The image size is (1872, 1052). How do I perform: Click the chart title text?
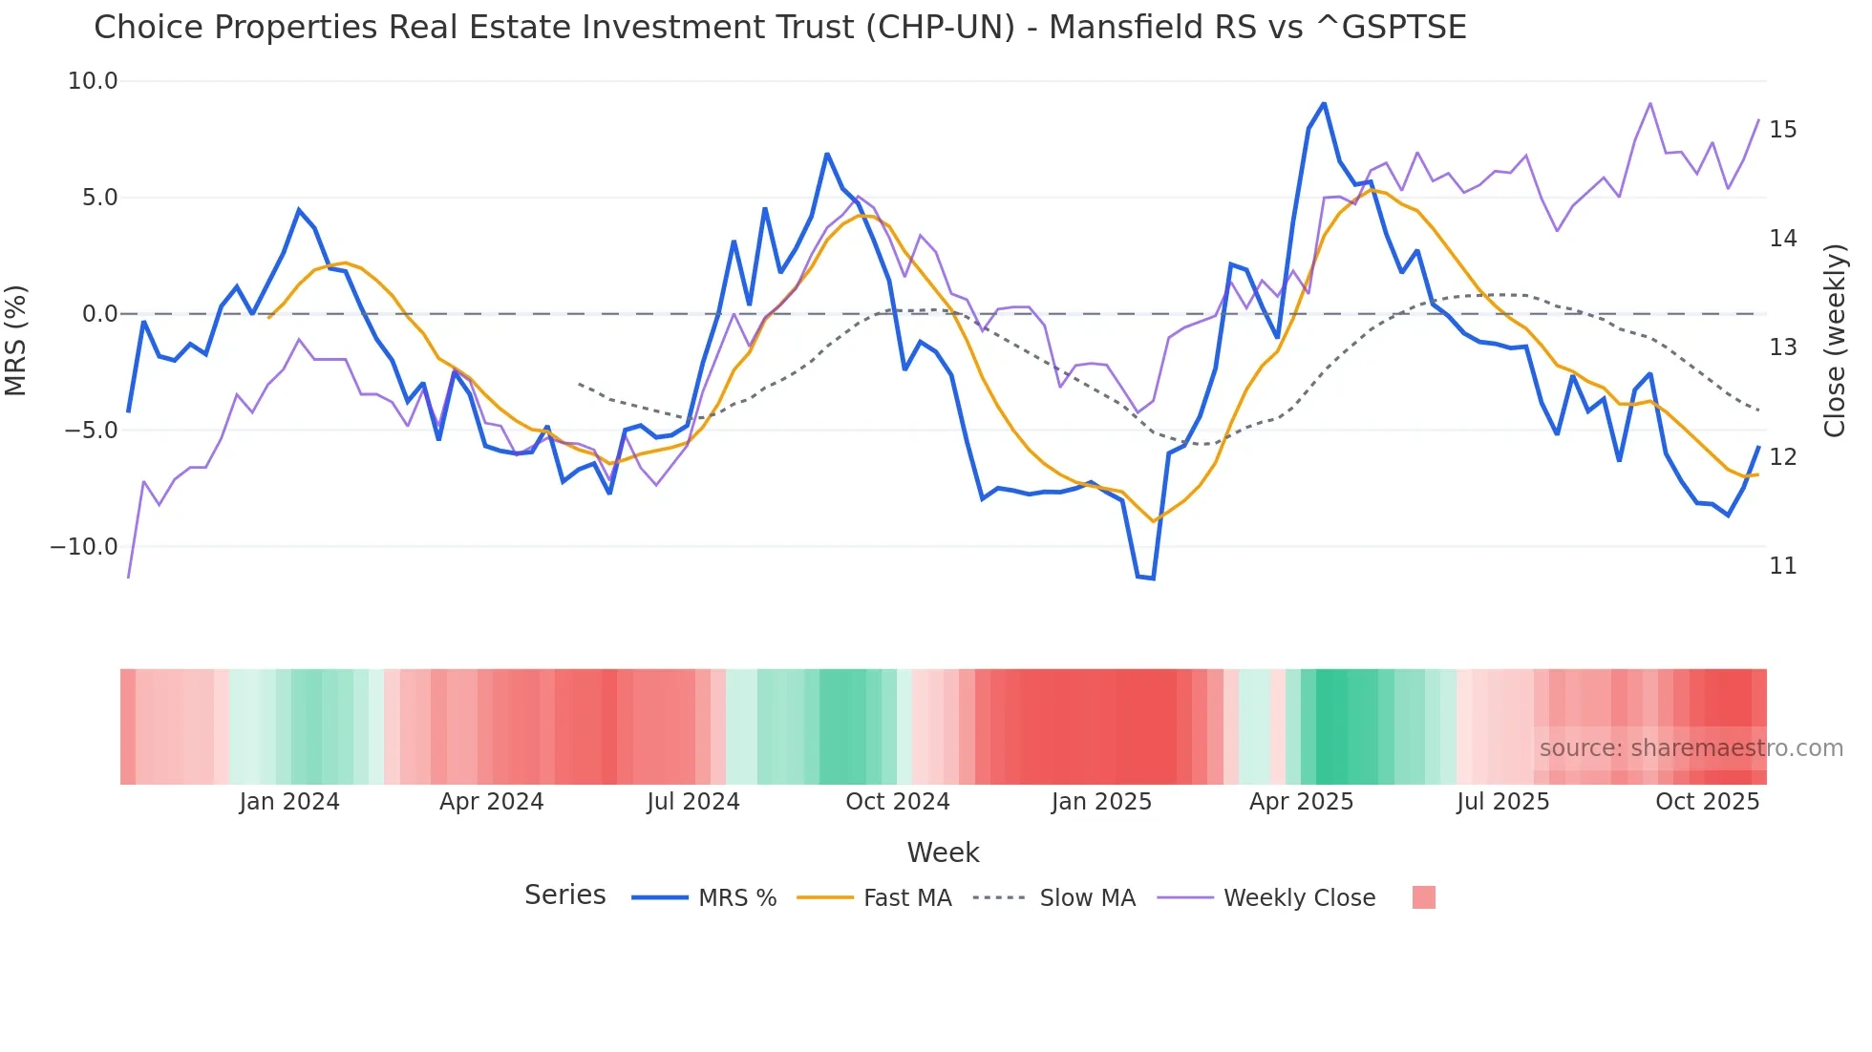(x=779, y=28)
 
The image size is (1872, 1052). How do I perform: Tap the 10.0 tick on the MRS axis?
(x=93, y=81)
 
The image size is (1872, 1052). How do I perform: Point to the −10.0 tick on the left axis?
(x=84, y=547)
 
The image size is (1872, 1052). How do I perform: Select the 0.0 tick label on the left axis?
(x=99, y=314)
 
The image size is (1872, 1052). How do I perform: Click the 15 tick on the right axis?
(x=1782, y=130)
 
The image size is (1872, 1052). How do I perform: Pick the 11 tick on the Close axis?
(x=1782, y=566)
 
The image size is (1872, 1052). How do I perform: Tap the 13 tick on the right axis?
(x=1782, y=347)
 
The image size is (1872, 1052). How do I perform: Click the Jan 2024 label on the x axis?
(x=289, y=802)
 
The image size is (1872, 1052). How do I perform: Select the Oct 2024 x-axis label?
(x=897, y=802)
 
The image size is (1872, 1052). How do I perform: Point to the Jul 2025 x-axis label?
(x=1502, y=802)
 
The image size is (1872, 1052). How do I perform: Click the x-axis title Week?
(x=943, y=852)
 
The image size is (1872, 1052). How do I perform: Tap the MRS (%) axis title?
(x=16, y=340)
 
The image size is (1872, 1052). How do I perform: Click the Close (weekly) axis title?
(x=1835, y=340)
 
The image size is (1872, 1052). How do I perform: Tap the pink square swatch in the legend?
(x=1423, y=897)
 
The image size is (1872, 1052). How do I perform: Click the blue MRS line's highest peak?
(x=1324, y=103)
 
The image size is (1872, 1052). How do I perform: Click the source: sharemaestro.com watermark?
(x=1691, y=748)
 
